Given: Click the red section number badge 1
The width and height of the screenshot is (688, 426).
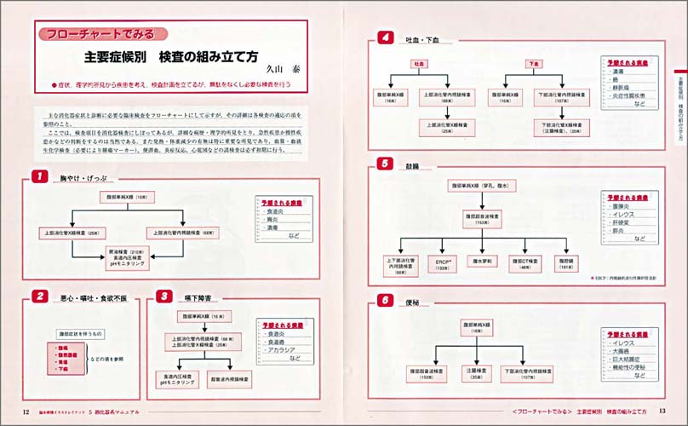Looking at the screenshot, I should [x=38, y=176].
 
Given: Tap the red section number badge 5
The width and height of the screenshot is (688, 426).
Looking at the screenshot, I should [x=385, y=164].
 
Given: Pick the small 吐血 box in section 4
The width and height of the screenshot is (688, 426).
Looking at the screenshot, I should [x=420, y=64].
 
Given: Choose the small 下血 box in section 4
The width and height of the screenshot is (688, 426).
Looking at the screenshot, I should [x=535, y=64].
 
